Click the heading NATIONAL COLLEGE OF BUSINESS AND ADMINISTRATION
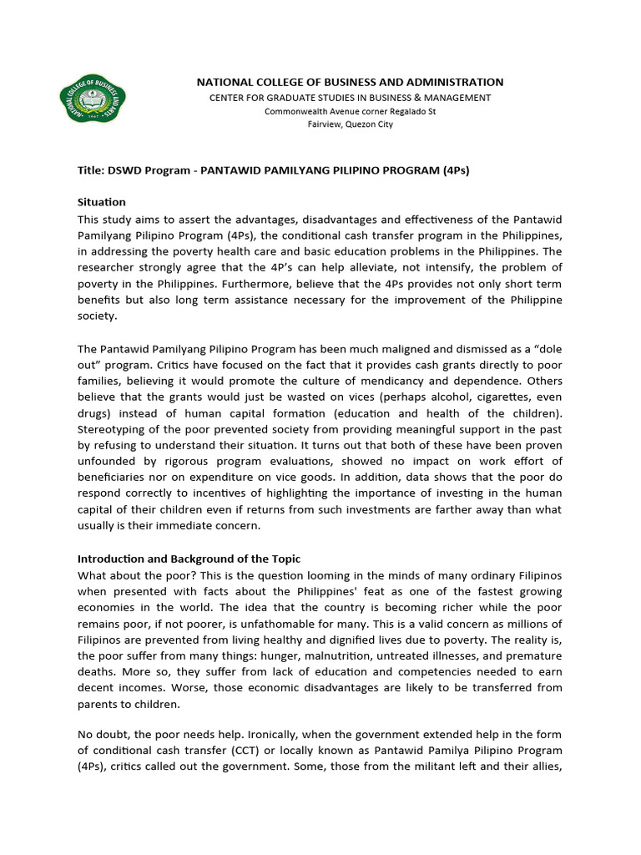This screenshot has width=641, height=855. click(350, 82)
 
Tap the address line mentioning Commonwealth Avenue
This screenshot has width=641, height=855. click(350, 111)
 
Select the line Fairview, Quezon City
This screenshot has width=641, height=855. click(350, 124)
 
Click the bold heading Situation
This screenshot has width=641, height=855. click(102, 202)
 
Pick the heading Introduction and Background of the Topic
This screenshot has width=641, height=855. click(189, 558)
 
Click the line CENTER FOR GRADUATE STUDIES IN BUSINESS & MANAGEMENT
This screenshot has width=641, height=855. click(350, 98)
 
